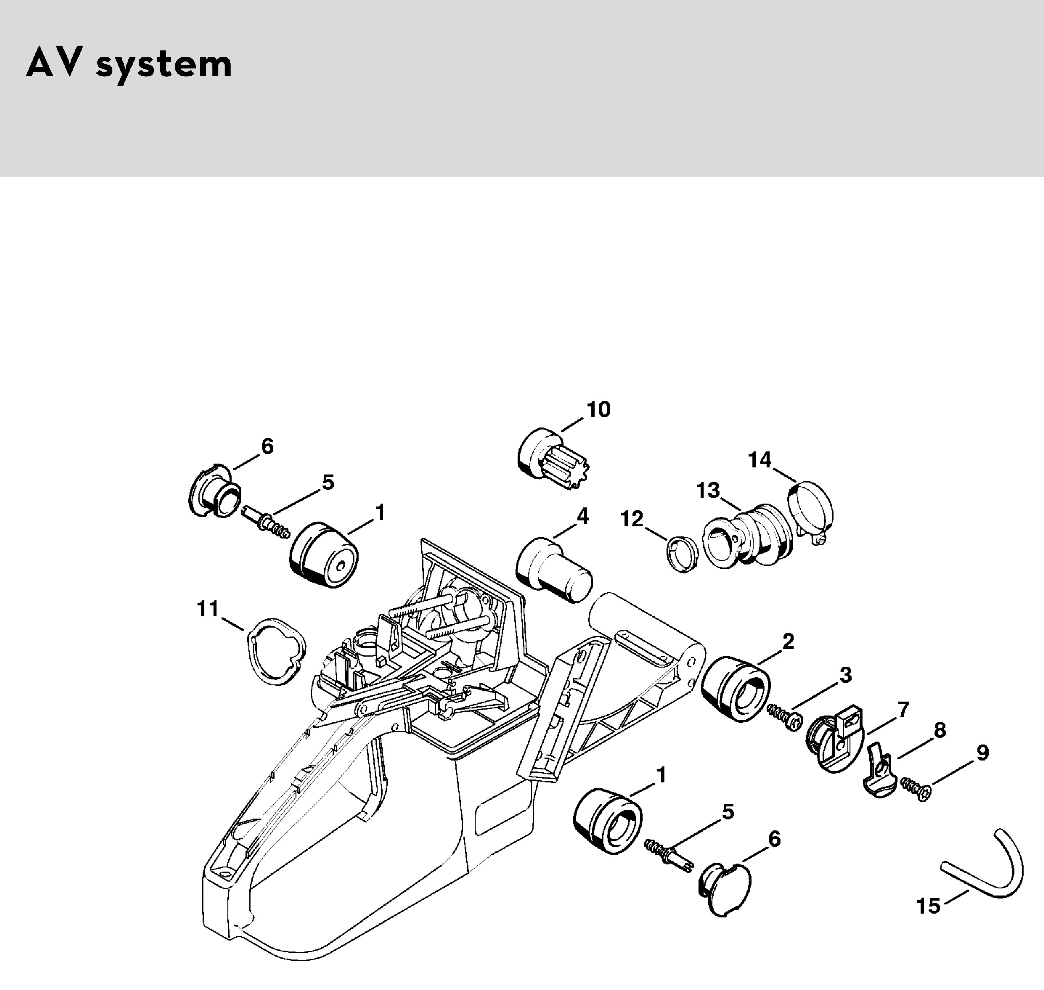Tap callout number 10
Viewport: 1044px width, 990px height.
tap(598, 409)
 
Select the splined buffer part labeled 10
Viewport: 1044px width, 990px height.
tap(553, 458)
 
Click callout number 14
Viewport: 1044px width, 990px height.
tap(760, 460)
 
